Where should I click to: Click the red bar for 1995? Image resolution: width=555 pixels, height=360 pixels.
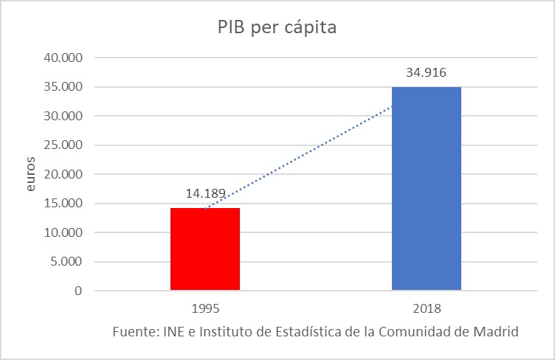(204, 249)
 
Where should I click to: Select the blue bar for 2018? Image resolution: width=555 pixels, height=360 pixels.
(426, 189)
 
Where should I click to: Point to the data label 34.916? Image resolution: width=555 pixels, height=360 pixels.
(427, 73)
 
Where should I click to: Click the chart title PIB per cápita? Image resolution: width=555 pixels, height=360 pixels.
(277, 28)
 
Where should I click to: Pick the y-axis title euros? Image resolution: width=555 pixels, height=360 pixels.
(31, 174)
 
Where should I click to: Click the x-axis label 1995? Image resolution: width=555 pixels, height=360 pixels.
(204, 308)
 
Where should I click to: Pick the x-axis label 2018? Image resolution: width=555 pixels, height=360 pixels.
(426, 308)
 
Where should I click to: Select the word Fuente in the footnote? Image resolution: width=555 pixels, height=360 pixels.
(133, 331)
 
